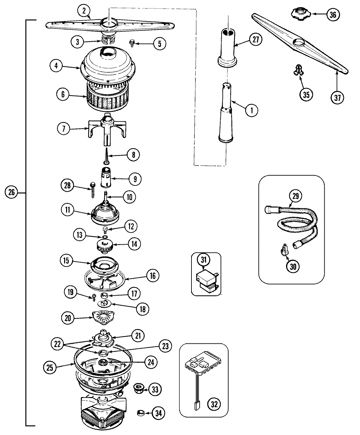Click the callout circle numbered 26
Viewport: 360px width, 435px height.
point(11,193)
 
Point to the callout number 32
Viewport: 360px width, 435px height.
point(214,404)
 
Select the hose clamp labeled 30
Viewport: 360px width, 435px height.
point(284,252)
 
